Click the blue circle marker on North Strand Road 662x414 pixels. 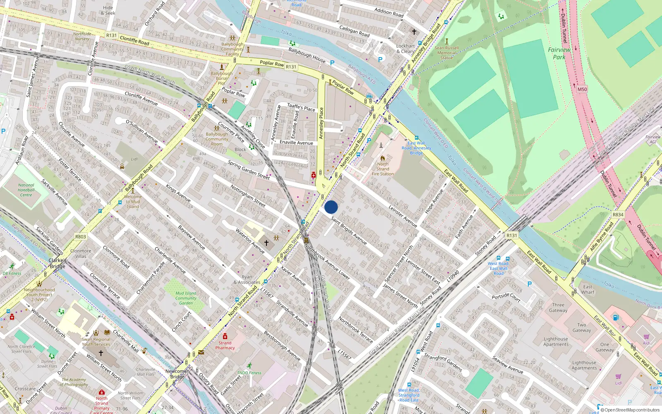tap(331, 207)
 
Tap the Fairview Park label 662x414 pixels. tap(559, 53)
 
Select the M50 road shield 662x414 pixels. tap(582, 89)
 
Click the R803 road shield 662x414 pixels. tap(80, 237)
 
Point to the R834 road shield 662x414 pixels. tap(618, 215)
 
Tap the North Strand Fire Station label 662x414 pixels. tap(383, 169)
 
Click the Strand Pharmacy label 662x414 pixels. tap(225, 345)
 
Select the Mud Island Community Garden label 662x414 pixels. tap(186, 298)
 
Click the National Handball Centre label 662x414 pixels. tap(26, 190)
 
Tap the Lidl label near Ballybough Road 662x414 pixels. tap(134, 159)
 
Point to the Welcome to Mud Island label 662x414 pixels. tap(133, 202)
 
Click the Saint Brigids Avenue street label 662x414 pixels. tap(349, 230)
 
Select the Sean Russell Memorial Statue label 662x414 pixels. tap(446, 53)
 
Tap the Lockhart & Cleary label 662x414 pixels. tap(405, 49)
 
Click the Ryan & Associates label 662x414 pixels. tap(247, 280)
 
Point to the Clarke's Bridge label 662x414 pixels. tap(58, 263)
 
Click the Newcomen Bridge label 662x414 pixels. tap(177, 374)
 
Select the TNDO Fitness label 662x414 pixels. tap(249, 373)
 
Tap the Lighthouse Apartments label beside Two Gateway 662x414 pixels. tap(556, 342)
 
